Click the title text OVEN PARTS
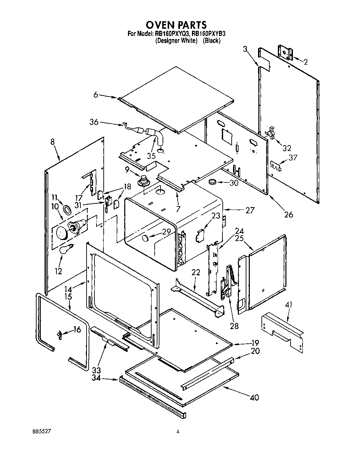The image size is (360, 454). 176,25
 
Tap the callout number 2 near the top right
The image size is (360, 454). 306,62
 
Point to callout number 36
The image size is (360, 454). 94,122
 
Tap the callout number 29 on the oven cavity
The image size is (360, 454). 166,232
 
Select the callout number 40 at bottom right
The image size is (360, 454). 254,397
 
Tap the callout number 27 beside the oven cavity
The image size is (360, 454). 250,210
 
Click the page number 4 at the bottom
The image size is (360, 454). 178,432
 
